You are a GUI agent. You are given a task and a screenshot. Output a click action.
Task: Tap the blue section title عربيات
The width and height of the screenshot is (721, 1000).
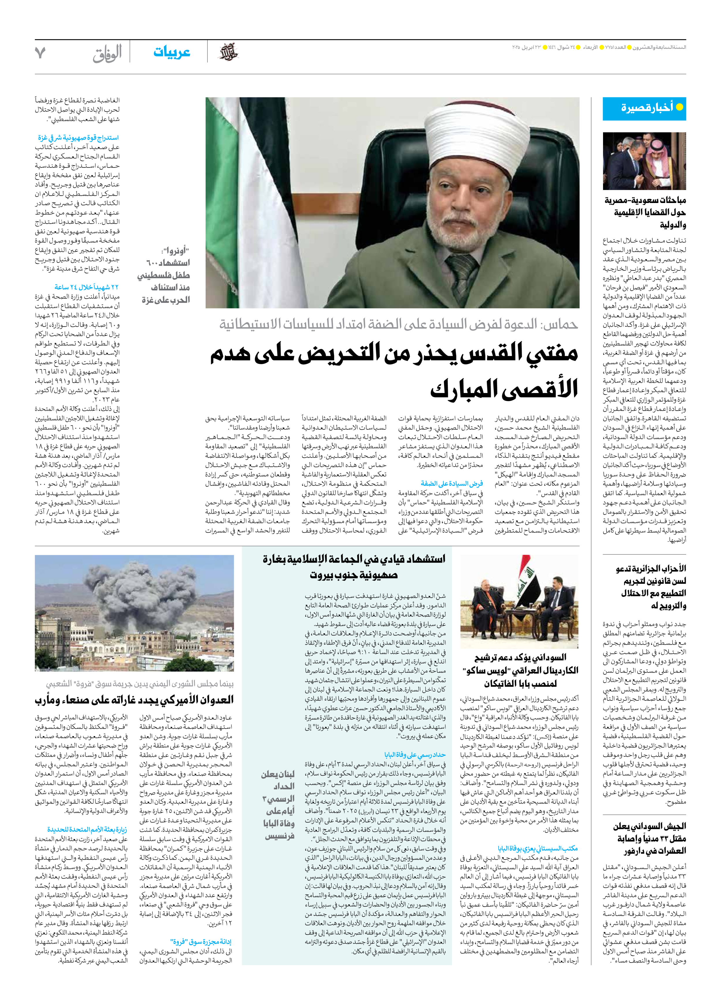pyautogui.click(x=172, y=52)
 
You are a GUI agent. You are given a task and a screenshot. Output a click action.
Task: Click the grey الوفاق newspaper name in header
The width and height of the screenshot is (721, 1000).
pyautogui.click(x=107, y=53)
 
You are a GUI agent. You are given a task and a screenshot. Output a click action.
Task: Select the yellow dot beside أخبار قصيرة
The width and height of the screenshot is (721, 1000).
pyautogui.click(x=679, y=107)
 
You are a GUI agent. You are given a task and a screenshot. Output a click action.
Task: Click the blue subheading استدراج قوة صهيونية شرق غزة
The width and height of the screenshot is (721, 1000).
pyautogui.click(x=78, y=138)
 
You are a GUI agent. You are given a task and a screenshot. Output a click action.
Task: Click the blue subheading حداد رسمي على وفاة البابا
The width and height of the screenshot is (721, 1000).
pyautogui.click(x=414, y=754)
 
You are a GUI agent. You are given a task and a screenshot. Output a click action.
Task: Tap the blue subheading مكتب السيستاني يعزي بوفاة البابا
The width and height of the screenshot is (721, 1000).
pyautogui.click(x=538, y=848)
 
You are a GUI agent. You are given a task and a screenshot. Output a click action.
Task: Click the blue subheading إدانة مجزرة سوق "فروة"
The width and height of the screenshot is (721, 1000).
pyautogui.click(x=201, y=941)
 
